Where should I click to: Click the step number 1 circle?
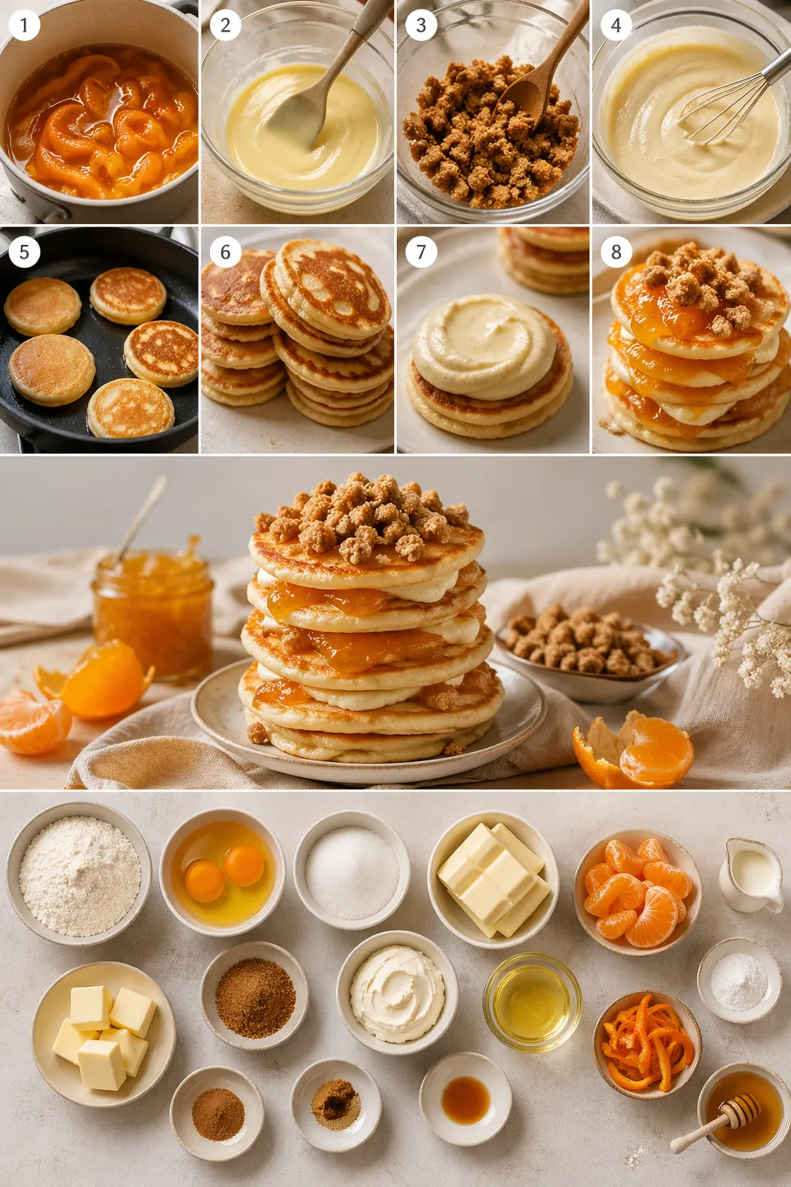tap(24, 25)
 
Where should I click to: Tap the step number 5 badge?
tap(24, 252)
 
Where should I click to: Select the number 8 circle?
tap(616, 252)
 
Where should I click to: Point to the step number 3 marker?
tap(420, 25)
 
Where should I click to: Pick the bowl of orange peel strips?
tap(647, 1042)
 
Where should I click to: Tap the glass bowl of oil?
tap(532, 1002)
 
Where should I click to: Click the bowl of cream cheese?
tap(397, 992)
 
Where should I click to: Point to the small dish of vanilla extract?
tap(465, 1098)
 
